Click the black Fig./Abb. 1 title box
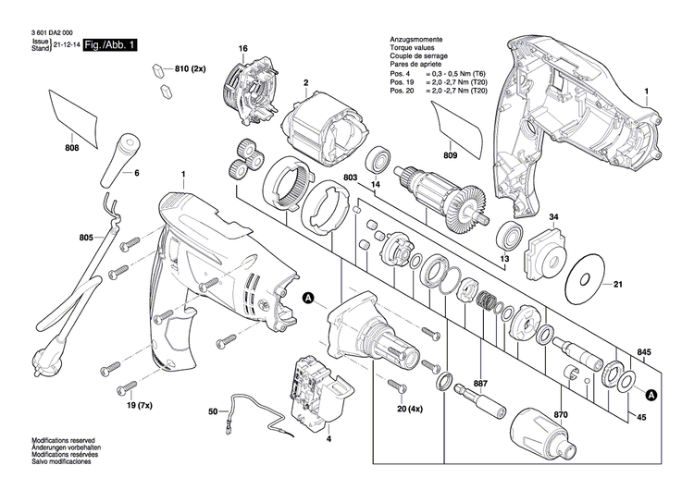(x=111, y=44)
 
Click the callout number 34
(x=553, y=218)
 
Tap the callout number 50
(x=212, y=410)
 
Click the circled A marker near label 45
(x=651, y=396)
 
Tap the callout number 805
(x=87, y=238)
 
